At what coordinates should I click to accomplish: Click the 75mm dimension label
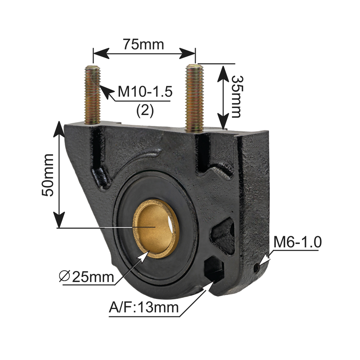pyautogui.click(x=143, y=45)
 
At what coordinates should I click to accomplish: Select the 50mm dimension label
pyautogui.click(x=47, y=175)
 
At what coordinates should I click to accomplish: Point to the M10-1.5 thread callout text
pyautogui.click(x=145, y=92)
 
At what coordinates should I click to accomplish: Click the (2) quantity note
pyautogui.click(x=145, y=111)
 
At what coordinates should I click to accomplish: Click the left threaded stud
pyautogui.click(x=93, y=95)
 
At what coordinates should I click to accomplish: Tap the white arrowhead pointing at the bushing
pyautogui.click(x=143, y=257)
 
